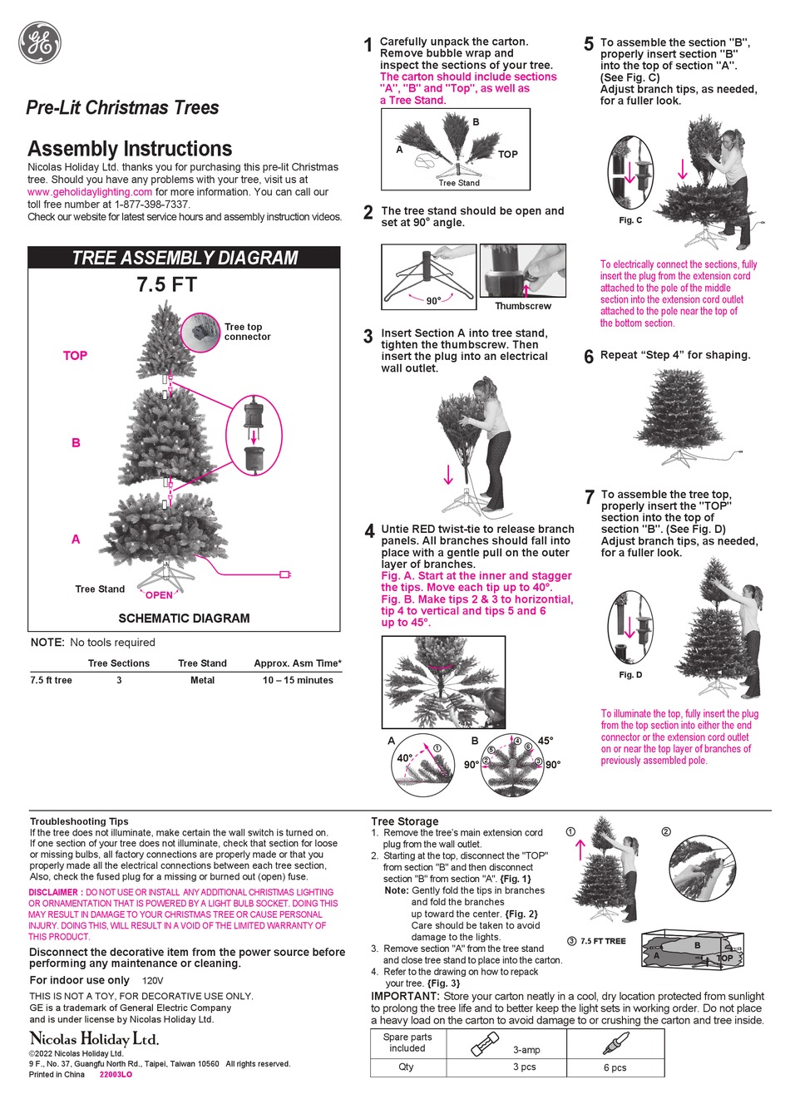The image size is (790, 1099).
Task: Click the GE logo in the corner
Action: [40, 42]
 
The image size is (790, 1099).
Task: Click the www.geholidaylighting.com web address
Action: [90, 192]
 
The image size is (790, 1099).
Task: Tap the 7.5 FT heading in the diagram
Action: [166, 285]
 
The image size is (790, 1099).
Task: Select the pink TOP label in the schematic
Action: [75, 356]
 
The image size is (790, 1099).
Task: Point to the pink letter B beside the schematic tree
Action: [76, 443]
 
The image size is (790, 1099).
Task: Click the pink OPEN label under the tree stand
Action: [159, 595]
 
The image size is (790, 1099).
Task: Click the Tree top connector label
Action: [247, 332]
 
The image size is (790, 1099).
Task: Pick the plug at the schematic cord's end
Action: [285, 574]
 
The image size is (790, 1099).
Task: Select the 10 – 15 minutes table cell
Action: [298, 680]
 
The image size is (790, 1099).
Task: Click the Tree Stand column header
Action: [202, 663]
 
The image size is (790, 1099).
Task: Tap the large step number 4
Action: [369, 532]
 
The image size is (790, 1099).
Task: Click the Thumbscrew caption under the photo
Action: [522, 306]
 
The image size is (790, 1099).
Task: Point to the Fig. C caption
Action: [630, 220]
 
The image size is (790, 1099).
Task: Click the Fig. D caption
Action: [630, 675]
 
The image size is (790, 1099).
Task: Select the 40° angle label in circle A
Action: [404, 758]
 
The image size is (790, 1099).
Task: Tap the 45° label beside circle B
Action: [546, 741]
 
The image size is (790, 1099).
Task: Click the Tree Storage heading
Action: [404, 821]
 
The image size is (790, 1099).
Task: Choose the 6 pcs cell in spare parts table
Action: [615, 1067]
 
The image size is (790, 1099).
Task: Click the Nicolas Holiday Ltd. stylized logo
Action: [94, 1038]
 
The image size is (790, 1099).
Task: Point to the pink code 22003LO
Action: [116, 1075]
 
